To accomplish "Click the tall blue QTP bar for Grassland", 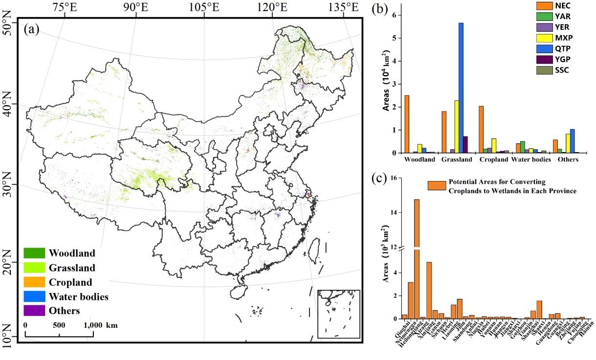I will [461, 88].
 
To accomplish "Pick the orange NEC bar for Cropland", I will [481, 130].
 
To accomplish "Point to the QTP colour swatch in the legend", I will [541, 48].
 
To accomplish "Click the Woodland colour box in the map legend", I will [34, 253].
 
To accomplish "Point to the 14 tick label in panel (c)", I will [393, 213].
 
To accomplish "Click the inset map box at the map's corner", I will [338, 314].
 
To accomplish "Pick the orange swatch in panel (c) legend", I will [437, 185].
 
